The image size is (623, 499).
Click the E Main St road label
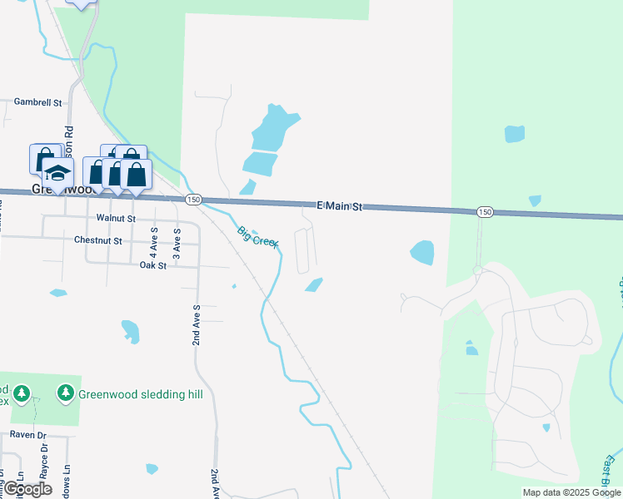[339, 205]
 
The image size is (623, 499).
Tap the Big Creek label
[257, 237]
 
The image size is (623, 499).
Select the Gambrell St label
[38, 102]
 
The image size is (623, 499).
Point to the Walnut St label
[115, 218]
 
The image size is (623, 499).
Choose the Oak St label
[153, 265]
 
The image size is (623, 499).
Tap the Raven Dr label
[29, 434]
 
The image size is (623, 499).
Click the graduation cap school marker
[57, 173]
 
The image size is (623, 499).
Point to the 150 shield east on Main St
[486, 213]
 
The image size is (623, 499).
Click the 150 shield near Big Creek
[193, 200]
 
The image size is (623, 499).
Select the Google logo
[27, 489]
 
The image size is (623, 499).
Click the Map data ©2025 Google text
[571, 492]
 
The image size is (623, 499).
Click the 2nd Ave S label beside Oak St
[197, 324]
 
